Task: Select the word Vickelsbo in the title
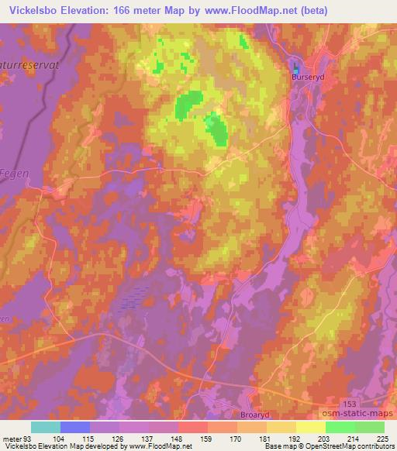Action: pos(30,11)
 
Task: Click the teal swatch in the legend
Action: pos(46,427)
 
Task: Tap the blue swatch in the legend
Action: pos(75,427)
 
